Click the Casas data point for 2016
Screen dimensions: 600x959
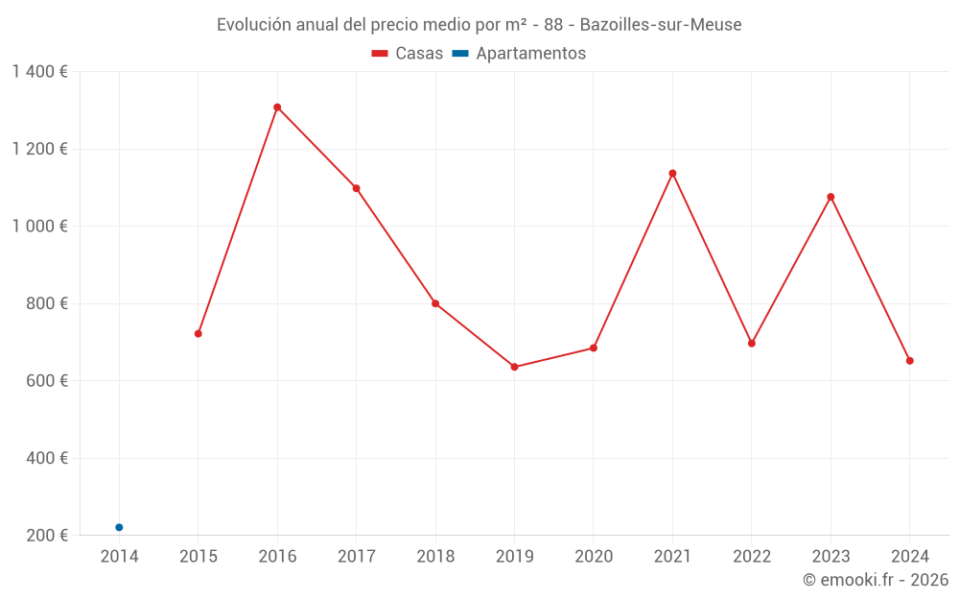click(x=277, y=108)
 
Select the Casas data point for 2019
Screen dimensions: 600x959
click(x=514, y=367)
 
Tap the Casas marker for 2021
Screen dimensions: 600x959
click(x=672, y=174)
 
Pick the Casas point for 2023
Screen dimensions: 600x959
click(x=830, y=197)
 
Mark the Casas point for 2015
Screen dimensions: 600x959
click(x=199, y=334)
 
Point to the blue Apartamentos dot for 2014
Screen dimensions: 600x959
click(x=119, y=527)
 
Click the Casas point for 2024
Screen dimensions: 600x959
click(x=909, y=361)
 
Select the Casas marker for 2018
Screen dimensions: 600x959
click(x=435, y=303)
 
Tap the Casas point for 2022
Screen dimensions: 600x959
click(x=752, y=343)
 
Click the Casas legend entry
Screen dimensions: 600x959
click(x=408, y=54)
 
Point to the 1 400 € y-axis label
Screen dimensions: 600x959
click(x=40, y=72)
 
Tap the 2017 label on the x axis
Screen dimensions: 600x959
click(x=356, y=557)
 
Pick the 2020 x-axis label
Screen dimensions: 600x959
click(x=594, y=557)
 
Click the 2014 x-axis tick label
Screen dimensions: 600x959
click(x=119, y=557)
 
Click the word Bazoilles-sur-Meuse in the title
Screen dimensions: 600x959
click(x=661, y=25)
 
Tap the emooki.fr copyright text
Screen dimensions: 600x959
click(x=876, y=580)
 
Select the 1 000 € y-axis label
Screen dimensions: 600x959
click(x=40, y=227)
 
